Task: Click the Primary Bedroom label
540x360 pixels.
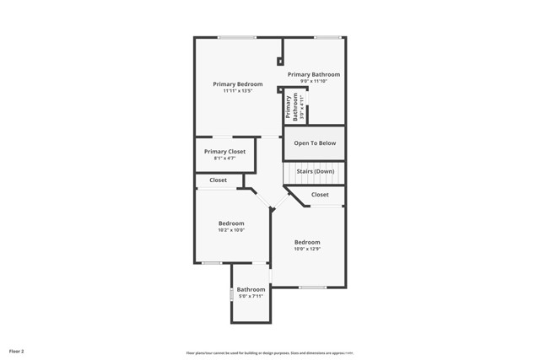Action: (237, 84)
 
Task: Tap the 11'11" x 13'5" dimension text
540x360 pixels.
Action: (237, 91)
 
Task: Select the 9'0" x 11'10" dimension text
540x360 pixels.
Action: (314, 81)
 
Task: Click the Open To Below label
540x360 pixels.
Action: (315, 143)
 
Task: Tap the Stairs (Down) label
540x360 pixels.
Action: (315, 171)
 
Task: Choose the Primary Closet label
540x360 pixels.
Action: (224, 152)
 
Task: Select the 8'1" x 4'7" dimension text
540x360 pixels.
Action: (224, 159)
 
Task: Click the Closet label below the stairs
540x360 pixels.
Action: (320, 195)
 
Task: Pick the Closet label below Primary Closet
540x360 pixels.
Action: (218, 180)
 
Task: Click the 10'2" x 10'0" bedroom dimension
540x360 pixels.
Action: (230, 230)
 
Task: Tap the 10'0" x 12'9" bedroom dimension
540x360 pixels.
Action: (307, 249)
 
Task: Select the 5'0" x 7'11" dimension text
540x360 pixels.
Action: (251, 296)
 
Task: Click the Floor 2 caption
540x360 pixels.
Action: (17, 351)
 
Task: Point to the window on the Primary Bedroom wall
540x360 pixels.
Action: (237, 37)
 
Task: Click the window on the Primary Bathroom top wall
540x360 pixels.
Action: (327, 37)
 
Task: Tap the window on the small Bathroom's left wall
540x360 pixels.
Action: (232, 295)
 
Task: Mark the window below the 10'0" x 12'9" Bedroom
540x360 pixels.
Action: (312, 287)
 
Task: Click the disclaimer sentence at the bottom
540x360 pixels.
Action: (270, 353)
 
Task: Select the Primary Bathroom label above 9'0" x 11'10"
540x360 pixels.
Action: (314, 74)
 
